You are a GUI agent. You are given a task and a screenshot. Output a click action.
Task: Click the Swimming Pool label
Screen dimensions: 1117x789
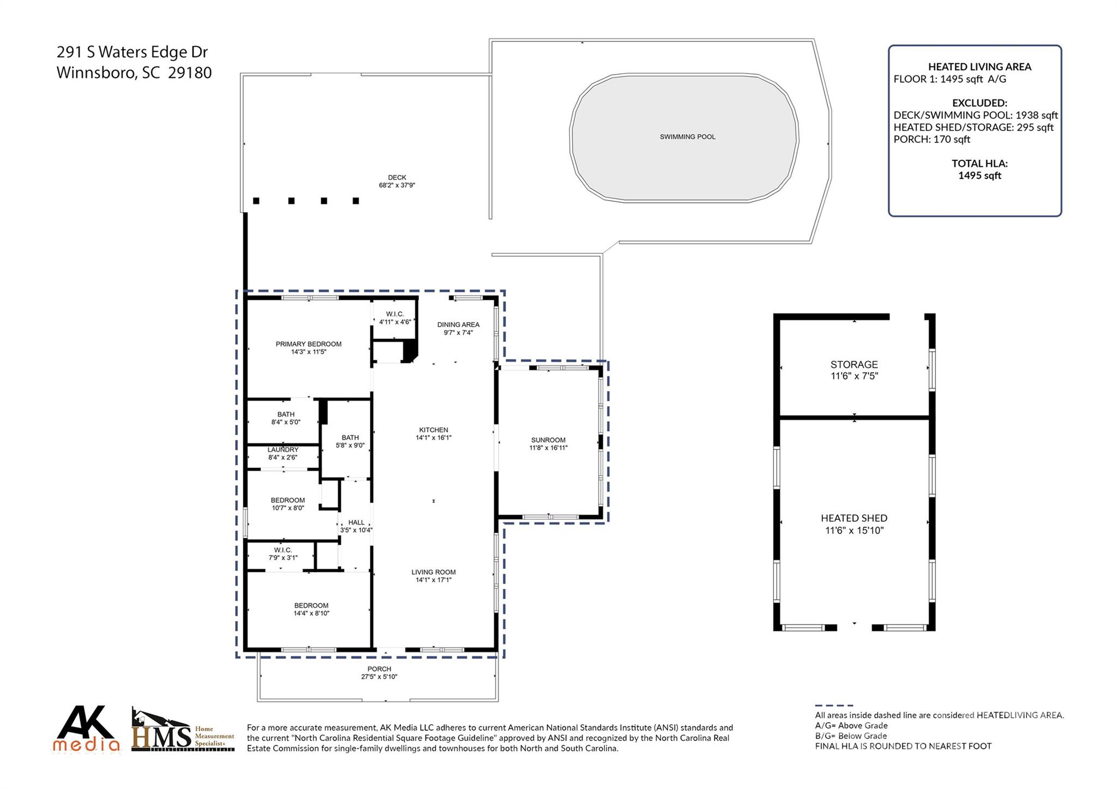point(687,137)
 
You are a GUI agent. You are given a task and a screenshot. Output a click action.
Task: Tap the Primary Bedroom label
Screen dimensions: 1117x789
point(308,344)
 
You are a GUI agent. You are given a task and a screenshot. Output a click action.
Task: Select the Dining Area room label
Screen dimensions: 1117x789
point(458,324)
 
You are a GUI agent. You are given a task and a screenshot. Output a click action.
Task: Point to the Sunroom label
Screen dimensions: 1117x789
point(548,440)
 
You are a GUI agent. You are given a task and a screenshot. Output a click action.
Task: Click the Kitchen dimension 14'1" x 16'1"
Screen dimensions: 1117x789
point(434,438)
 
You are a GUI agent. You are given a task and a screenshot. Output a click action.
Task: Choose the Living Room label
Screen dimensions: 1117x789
point(434,572)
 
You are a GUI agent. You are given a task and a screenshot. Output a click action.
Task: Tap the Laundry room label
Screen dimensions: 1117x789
point(283,450)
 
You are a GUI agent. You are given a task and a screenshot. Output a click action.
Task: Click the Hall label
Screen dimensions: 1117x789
point(356,522)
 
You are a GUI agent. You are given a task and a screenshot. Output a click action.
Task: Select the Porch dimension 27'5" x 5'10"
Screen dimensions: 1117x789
point(379,677)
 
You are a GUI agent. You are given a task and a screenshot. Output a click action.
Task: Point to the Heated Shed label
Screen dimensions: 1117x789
point(854,519)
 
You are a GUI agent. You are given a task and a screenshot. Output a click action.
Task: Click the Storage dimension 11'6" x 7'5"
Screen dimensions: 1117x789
point(854,376)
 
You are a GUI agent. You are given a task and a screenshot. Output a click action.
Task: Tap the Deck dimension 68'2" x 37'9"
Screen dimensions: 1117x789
point(397,185)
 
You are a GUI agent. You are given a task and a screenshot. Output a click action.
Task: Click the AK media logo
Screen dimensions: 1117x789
point(86,729)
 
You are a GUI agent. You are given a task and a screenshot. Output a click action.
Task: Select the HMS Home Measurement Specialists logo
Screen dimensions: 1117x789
point(183,730)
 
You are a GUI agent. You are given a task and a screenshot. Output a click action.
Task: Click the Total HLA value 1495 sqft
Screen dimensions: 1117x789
point(980,176)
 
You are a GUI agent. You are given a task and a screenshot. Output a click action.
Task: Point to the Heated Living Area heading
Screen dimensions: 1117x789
point(980,67)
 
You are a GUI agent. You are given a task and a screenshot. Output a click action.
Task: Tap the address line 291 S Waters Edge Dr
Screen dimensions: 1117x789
point(133,52)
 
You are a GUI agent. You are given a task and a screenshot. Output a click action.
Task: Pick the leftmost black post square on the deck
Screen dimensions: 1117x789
point(256,201)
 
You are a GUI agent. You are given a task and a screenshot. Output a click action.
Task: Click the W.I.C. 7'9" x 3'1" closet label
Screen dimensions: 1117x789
point(283,554)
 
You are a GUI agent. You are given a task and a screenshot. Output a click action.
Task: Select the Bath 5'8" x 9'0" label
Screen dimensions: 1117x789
point(350,442)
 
